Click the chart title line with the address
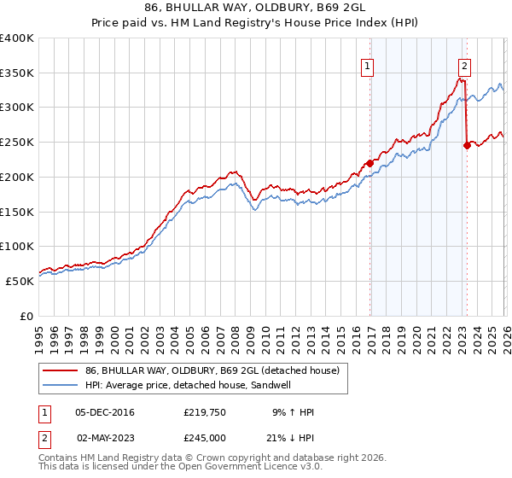(255, 9)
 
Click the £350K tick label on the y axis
(17, 73)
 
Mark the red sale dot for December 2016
(369, 163)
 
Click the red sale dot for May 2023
(467, 146)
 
